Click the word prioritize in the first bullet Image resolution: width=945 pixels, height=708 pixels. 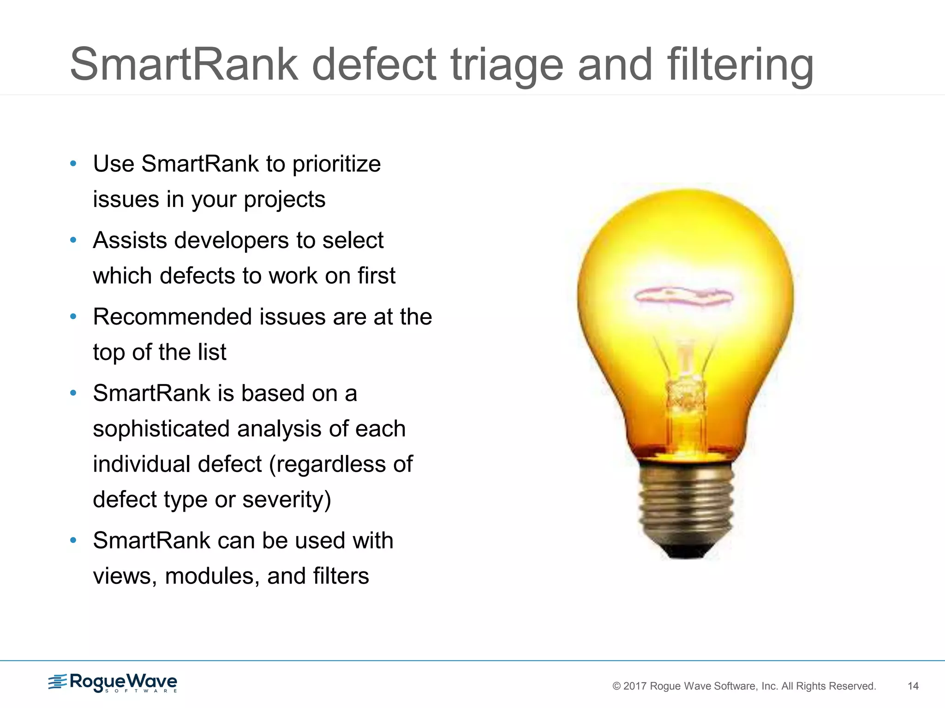point(336,165)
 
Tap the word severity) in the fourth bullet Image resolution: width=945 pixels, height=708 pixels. point(287,500)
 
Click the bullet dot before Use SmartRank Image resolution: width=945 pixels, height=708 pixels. point(73,164)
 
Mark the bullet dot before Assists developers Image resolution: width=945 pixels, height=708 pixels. point(73,240)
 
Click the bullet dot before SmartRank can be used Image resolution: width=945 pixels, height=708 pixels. point(73,540)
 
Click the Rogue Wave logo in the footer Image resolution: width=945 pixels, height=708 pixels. point(113,683)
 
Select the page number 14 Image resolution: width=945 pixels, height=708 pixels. point(913,686)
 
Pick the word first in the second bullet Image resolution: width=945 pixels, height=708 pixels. point(376,276)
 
